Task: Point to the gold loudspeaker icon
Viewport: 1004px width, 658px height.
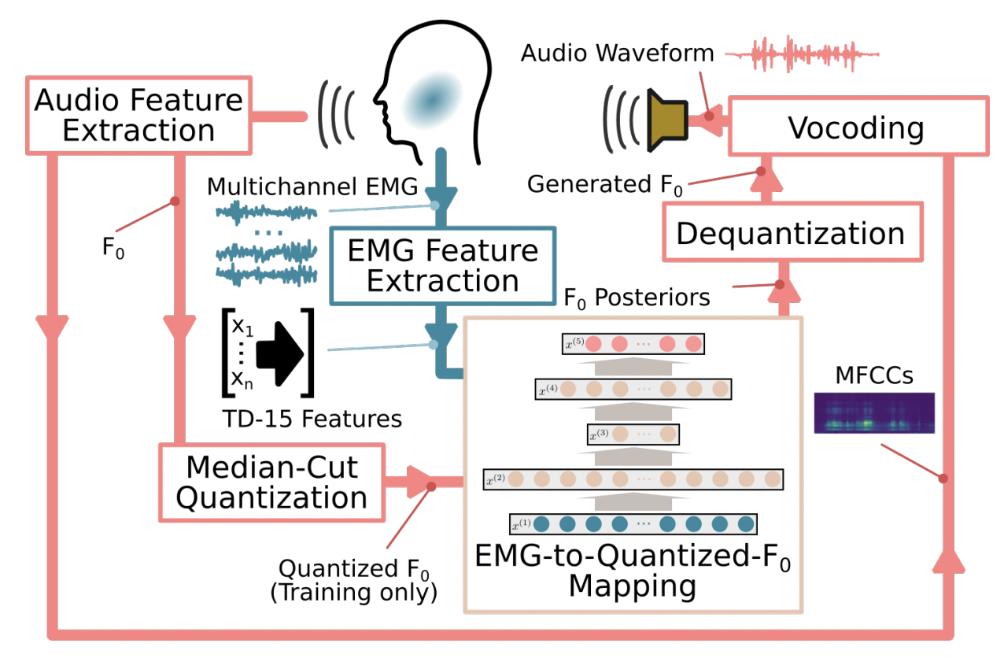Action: coord(667,120)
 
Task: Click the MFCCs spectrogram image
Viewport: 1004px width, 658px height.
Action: coord(874,412)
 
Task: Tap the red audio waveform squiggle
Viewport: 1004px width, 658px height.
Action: coord(802,54)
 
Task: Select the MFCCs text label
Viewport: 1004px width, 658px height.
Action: coord(874,375)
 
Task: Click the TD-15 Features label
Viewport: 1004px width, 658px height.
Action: coord(312,419)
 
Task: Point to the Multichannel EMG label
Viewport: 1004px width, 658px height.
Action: coord(312,186)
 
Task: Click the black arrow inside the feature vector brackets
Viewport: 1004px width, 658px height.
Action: coord(280,354)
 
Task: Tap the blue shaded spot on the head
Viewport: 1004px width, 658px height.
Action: coord(433,100)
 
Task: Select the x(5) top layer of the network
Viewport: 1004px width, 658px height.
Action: coord(633,344)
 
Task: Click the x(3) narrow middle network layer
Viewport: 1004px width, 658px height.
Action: coord(633,434)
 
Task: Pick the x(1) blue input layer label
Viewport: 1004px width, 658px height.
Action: coord(522,524)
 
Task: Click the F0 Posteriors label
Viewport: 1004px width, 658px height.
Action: coord(637,298)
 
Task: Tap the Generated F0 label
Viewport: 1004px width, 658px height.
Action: coord(604,185)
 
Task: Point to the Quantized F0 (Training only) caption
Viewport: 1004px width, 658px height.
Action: coord(353,580)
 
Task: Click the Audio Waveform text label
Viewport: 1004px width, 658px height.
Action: coord(617,53)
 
